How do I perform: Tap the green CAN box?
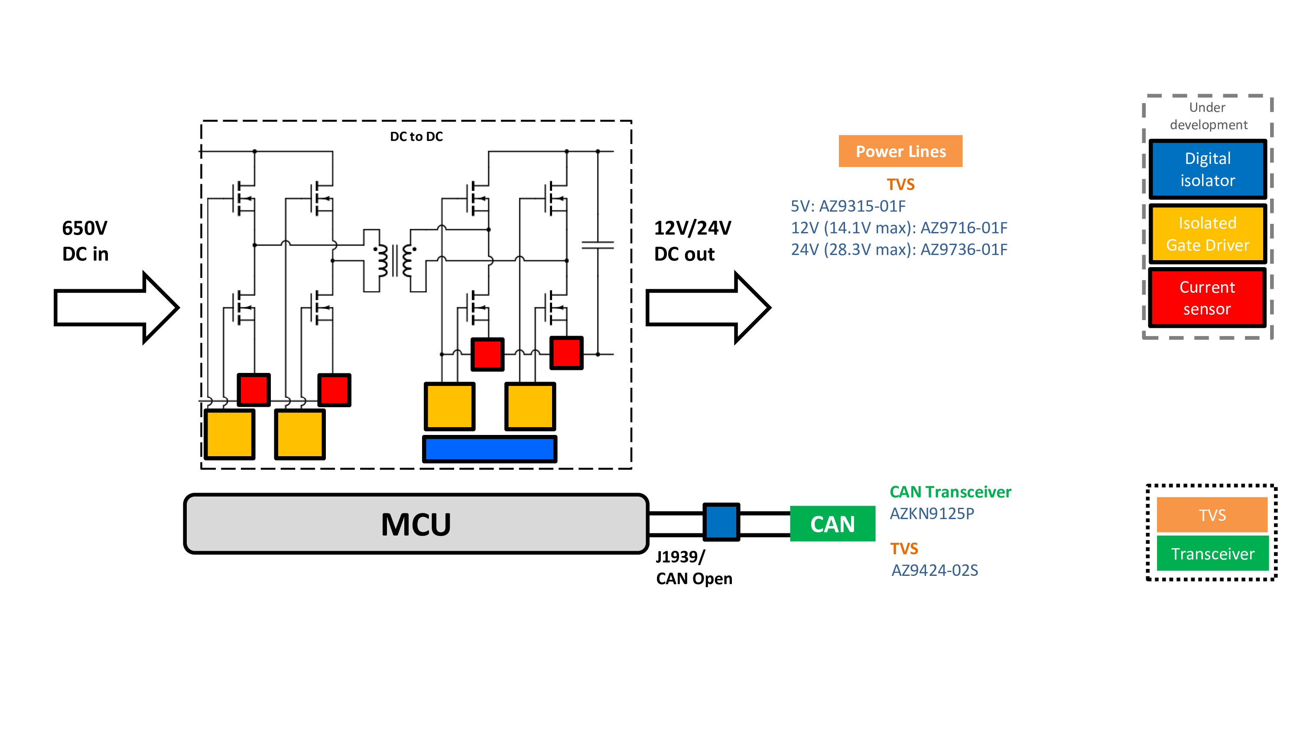(832, 524)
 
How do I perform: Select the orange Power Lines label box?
(900, 151)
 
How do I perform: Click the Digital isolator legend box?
(1207, 169)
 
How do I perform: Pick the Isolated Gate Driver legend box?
(1207, 234)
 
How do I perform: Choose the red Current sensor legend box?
(1207, 298)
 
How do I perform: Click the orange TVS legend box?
(1212, 515)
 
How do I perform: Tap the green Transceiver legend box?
(1212, 554)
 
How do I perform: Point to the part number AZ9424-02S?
(935, 570)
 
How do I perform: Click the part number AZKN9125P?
(932, 514)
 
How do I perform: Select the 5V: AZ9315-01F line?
(848, 206)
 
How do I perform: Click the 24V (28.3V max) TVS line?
(899, 249)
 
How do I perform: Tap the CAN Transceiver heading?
(950, 492)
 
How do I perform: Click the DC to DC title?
(416, 137)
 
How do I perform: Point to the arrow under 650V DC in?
(116, 307)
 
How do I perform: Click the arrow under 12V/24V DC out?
(708, 307)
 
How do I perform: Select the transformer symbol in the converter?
(395, 261)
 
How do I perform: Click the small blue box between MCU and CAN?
(721, 522)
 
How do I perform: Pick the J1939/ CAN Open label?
(694, 568)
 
